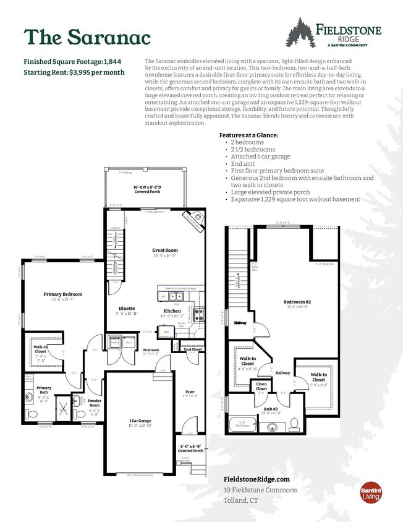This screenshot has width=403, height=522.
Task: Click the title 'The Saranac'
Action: [x=87, y=37]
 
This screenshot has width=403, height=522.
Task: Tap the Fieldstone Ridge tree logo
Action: [x=301, y=32]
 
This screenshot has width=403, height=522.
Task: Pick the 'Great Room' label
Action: [x=164, y=250]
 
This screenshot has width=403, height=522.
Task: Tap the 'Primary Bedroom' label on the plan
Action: [x=62, y=294]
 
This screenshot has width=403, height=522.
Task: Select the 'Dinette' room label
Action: [x=128, y=308]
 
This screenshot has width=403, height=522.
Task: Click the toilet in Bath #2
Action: [x=295, y=423]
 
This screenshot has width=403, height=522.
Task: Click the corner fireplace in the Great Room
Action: [x=193, y=221]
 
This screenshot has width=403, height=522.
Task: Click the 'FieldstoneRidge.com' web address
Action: [x=256, y=479]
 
